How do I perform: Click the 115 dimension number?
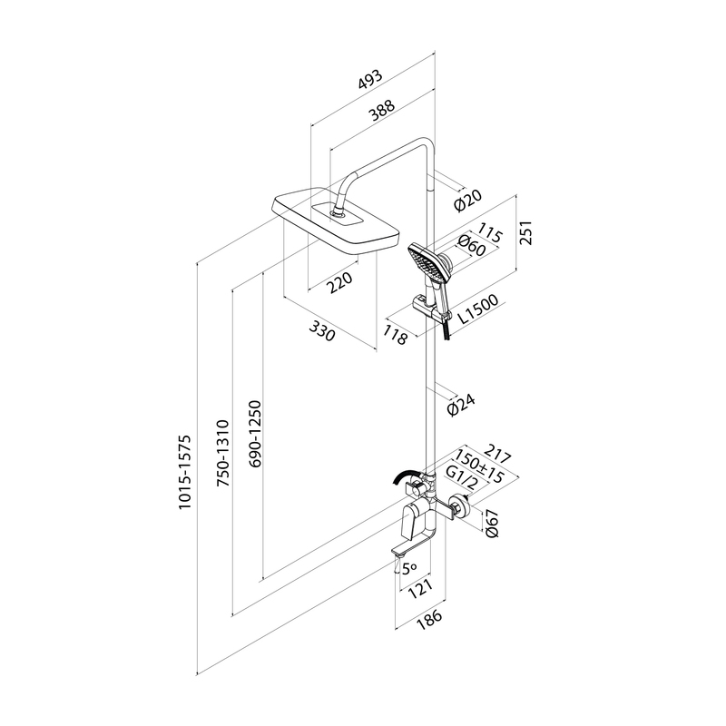[x=490, y=235]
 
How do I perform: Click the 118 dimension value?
[x=396, y=336]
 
